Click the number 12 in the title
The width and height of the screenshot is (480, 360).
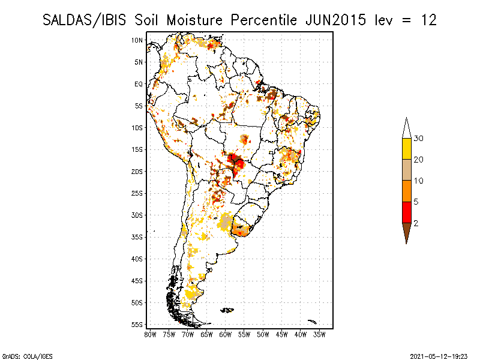[428, 20]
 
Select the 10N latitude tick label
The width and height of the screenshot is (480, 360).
[137, 40]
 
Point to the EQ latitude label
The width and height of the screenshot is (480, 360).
[138, 84]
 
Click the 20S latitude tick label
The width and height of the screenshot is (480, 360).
[137, 172]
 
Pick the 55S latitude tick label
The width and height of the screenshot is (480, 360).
[137, 325]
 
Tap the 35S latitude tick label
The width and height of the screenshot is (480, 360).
[137, 237]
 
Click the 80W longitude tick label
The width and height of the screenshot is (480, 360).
[150, 334]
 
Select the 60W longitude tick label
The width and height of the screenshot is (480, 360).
[226, 334]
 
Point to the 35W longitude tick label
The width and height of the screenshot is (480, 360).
[319, 334]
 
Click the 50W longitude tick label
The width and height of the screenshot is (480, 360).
[263, 334]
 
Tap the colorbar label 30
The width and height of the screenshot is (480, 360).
[419, 139]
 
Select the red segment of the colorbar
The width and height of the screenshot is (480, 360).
[406, 212]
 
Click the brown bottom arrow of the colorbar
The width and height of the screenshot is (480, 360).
[406, 232]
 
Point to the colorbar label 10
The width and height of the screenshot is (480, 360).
[419, 181]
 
